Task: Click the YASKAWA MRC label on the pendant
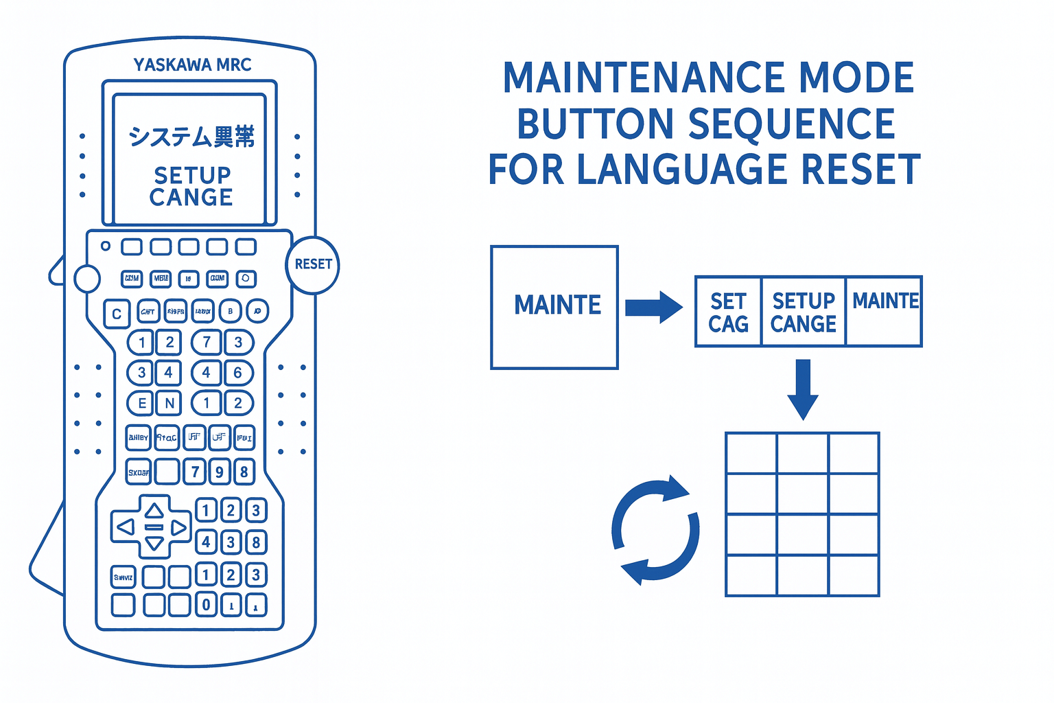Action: (192, 65)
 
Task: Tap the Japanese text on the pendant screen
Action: (191, 136)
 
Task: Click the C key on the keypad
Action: (117, 314)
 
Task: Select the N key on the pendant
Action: (169, 403)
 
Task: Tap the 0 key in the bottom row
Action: (206, 605)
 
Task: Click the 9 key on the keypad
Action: (220, 472)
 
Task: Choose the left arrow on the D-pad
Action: (126, 527)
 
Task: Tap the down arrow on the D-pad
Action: (154, 544)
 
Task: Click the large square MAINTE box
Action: (554, 307)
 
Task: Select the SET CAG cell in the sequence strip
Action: (728, 312)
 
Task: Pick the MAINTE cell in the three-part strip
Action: (885, 311)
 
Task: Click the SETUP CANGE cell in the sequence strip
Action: (804, 312)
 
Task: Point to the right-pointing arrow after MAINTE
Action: (653, 306)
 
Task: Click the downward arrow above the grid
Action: (803, 389)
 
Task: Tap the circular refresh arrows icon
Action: (655, 530)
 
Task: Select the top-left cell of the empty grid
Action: (751, 453)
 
